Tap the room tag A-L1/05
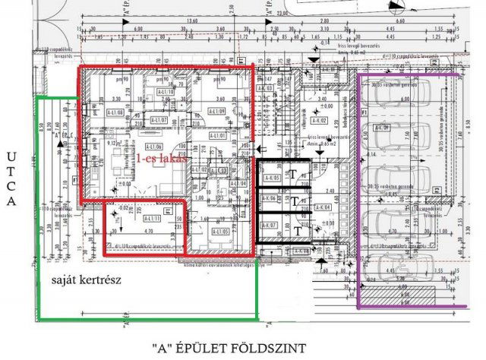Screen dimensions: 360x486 coord(221,232)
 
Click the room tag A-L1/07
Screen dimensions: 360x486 coord(159,120)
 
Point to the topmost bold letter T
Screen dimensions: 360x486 coord(293,172)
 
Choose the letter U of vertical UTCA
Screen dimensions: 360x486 coord(11,157)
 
